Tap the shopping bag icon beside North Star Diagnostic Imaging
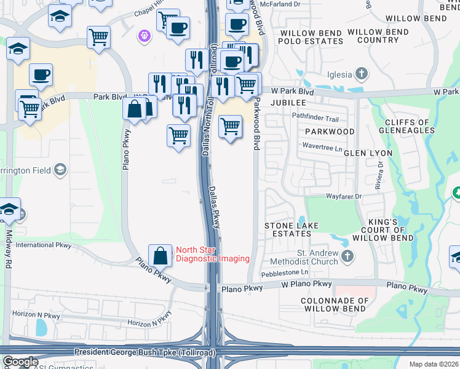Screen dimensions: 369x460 160,255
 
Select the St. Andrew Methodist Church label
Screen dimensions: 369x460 309,257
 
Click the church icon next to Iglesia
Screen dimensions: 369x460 362,74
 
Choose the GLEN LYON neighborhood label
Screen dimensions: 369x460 368,153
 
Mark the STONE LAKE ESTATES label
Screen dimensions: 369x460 291,230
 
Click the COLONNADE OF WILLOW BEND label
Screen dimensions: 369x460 335,305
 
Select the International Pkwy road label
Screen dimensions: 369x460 44,245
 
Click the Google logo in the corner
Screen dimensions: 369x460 20,362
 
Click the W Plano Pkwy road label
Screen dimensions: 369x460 306,285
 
